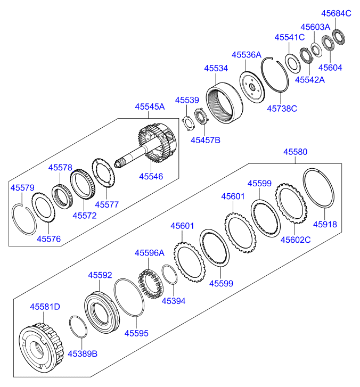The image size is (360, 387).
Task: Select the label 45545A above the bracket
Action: [x=150, y=107]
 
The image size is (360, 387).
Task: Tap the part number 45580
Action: [x=295, y=152]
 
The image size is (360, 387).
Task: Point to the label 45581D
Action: [x=45, y=307]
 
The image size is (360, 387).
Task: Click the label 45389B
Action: [x=82, y=353]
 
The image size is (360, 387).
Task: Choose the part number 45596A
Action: [x=149, y=253]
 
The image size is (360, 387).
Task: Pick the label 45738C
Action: [x=282, y=109]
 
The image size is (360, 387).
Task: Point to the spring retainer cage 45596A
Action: [x=151, y=284]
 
